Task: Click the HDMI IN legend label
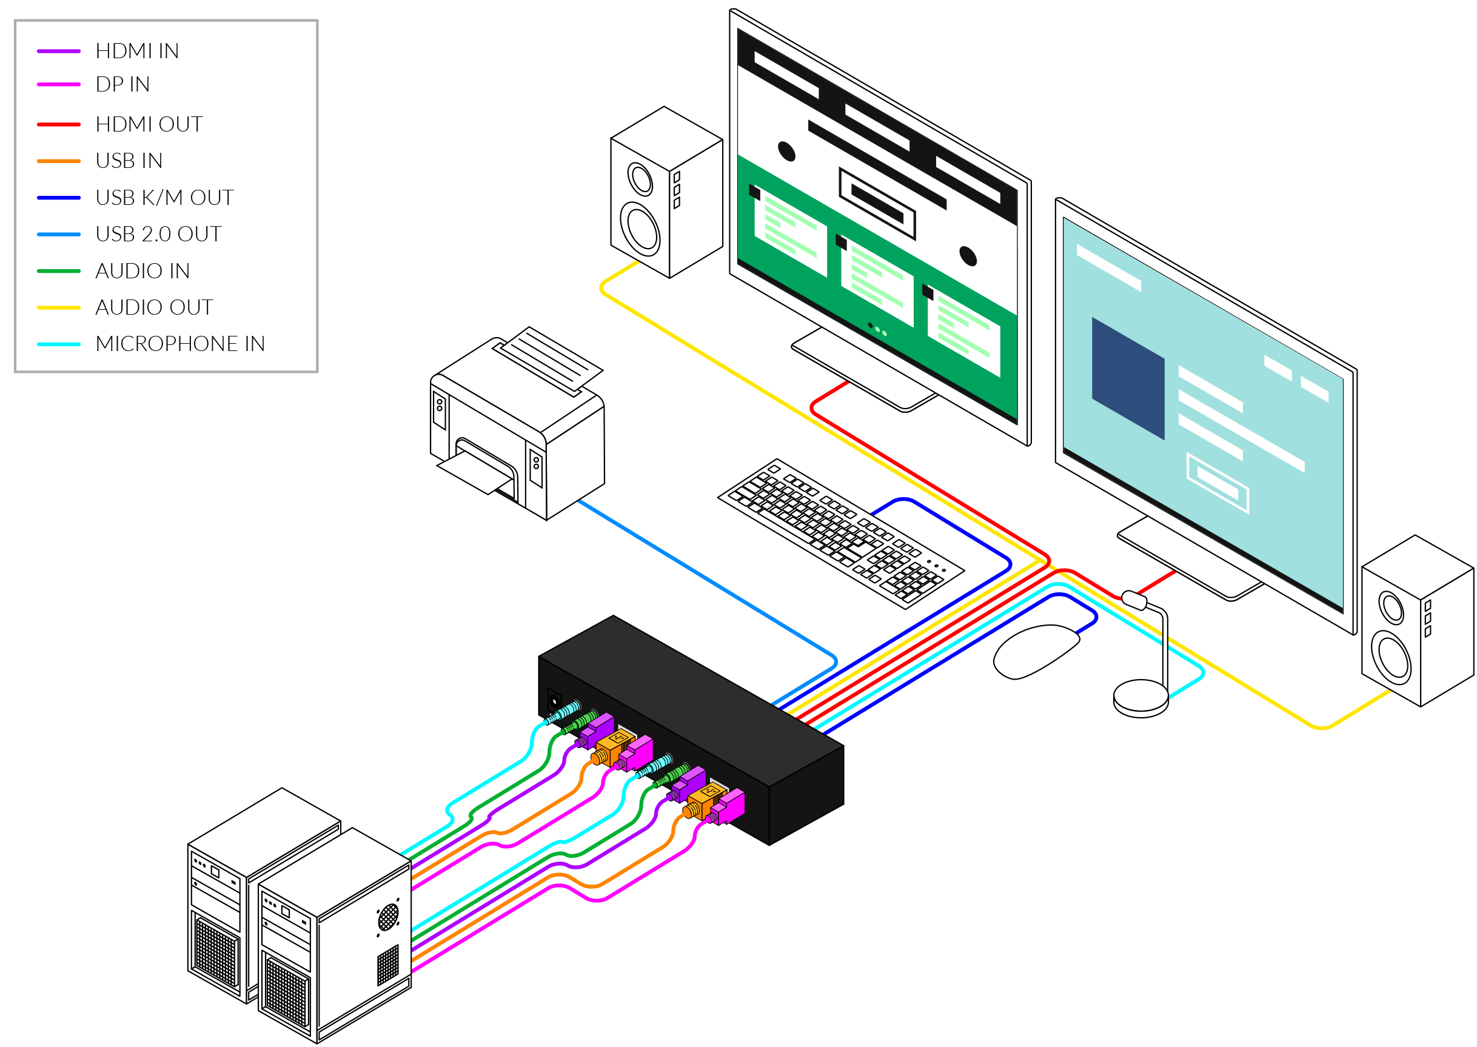click(136, 51)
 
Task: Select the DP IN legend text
click(122, 84)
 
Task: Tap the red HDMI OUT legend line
click(59, 124)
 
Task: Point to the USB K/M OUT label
click(164, 197)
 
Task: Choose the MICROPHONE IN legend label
click(180, 344)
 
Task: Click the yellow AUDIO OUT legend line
click(59, 307)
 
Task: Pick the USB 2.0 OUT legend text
click(159, 234)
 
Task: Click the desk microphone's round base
click(1140, 698)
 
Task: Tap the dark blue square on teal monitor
click(1127, 378)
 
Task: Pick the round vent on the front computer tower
click(388, 917)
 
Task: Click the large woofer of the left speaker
click(640, 229)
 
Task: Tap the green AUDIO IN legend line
click(59, 271)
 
